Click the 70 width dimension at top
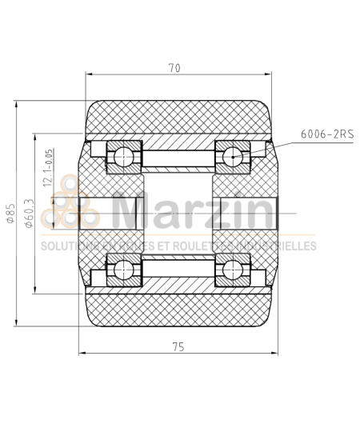pos(174,68)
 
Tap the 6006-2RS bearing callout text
pos(326,134)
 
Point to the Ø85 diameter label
pos(10,214)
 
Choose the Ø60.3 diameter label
pos(30,214)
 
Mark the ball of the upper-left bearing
pos(124,157)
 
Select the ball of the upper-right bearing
pos(233,157)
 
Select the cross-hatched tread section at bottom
pos(178,310)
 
